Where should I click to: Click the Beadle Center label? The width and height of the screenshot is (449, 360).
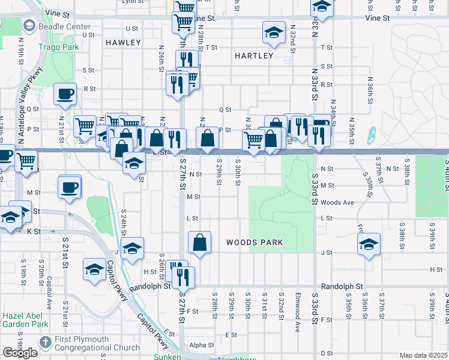(x=64, y=26)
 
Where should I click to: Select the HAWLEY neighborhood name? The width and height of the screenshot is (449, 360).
(x=122, y=43)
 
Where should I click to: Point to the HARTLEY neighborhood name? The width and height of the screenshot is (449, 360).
(x=254, y=56)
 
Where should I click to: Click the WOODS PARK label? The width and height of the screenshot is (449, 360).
(x=255, y=243)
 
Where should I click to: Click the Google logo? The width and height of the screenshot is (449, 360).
(x=20, y=353)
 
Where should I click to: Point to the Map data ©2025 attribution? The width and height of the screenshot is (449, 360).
(x=424, y=356)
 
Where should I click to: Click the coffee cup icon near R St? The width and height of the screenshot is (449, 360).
(x=65, y=94)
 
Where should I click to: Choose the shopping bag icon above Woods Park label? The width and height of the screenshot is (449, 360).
(x=200, y=242)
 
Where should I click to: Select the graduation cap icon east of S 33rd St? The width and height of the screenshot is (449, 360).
(x=369, y=244)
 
